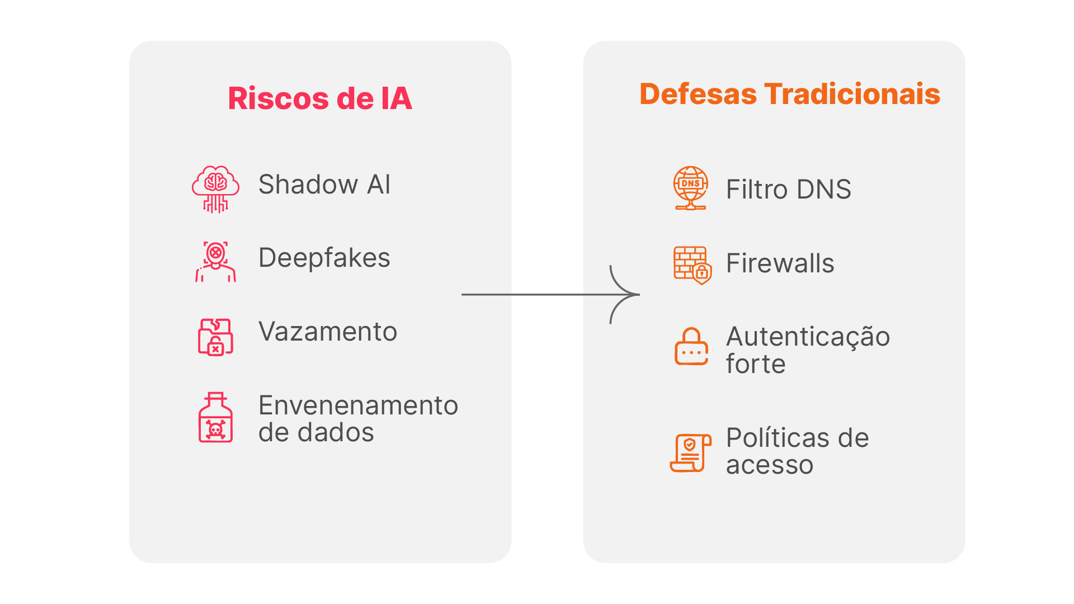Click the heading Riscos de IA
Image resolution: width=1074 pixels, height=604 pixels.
320,98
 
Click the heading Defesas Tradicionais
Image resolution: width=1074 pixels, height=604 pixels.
789,94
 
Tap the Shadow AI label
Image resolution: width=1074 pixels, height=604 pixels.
324,185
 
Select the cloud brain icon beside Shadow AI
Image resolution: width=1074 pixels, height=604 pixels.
215,189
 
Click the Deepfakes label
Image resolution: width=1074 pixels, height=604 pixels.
324,258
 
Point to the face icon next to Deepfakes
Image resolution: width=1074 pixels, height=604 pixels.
215,261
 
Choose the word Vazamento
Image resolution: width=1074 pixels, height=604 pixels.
328,332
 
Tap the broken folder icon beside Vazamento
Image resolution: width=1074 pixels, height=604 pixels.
215,337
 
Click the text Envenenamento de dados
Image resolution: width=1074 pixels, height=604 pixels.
358,418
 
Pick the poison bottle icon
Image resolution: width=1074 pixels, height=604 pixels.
215,417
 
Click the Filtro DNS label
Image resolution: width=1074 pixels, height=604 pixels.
788,190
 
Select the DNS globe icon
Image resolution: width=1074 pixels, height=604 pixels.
691,188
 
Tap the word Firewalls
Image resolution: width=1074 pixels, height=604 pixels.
780,263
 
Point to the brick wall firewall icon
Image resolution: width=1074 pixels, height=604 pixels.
692,265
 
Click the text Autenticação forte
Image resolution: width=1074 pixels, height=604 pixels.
808,350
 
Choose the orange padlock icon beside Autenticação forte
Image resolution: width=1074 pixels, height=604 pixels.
691,346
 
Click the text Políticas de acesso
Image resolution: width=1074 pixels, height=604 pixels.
797,451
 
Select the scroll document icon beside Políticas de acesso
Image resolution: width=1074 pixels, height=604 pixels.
691,452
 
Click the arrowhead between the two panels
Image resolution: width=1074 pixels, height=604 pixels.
629,295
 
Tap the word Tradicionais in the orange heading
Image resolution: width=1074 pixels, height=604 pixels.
852,94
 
